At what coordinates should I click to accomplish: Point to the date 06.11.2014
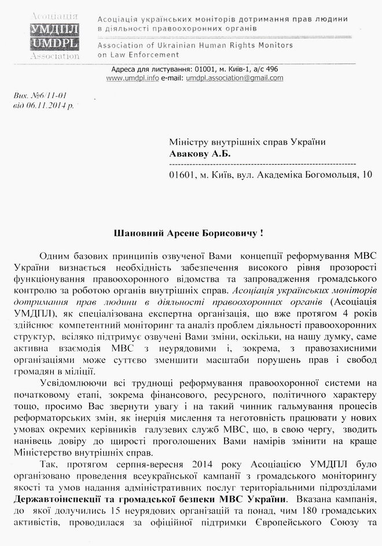(x=52, y=106)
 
